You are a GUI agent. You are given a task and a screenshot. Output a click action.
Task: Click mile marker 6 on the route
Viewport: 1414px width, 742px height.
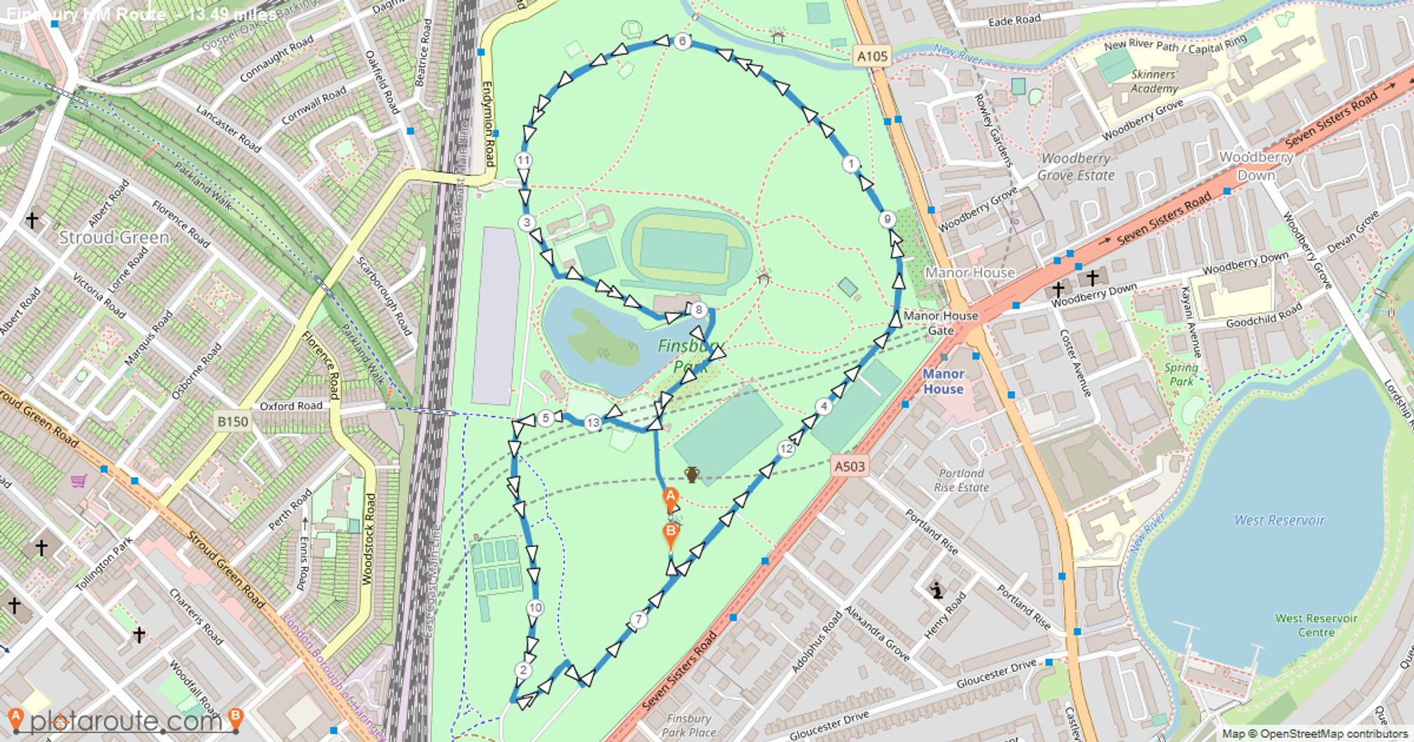tap(682, 41)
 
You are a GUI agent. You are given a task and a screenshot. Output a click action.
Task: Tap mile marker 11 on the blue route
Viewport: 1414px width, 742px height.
tap(523, 160)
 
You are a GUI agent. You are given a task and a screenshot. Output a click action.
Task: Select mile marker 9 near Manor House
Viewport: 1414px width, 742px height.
tap(887, 219)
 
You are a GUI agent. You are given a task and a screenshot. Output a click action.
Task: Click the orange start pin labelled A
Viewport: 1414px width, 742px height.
tap(670, 497)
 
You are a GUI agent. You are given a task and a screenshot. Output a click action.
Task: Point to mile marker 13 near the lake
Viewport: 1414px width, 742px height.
tap(592, 423)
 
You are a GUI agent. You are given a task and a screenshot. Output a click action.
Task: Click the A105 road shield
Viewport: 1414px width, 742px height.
tap(871, 57)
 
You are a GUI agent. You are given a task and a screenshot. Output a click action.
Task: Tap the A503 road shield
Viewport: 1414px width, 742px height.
tap(849, 466)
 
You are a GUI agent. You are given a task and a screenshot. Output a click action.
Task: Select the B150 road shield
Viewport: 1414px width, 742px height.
tap(233, 422)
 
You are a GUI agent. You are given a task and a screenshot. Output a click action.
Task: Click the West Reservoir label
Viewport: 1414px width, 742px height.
tap(1279, 521)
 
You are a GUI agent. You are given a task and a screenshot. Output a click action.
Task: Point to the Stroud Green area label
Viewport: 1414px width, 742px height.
tap(114, 237)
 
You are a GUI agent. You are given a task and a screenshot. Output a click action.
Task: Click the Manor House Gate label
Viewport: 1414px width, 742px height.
tap(940, 323)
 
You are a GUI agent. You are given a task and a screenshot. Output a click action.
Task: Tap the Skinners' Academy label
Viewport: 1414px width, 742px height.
tap(1154, 81)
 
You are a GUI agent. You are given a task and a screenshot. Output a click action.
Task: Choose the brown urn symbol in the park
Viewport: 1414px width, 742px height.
tap(692, 475)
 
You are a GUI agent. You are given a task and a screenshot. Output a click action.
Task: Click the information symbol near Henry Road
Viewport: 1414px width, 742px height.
tap(937, 590)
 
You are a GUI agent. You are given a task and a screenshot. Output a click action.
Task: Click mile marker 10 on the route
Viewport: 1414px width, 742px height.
tap(535, 608)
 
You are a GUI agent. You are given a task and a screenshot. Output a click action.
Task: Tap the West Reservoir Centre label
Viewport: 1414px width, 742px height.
tap(1316, 625)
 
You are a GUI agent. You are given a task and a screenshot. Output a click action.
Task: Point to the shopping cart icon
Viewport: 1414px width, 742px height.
tap(78, 481)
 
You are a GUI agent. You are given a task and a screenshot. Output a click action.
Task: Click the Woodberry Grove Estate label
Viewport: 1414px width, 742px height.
tap(1075, 167)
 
